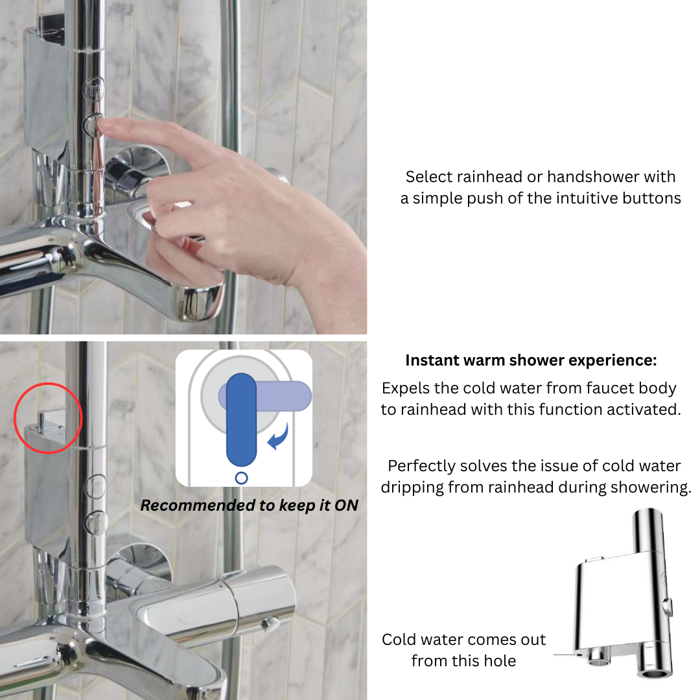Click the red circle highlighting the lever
point(48,384)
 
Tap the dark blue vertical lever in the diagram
point(241,419)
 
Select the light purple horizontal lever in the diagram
point(286,396)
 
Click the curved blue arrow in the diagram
point(279,437)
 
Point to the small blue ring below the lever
point(241,478)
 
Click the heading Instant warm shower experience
point(531,360)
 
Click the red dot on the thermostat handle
point(220,585)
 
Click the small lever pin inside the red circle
point(41,422)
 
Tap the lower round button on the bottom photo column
point(95,523)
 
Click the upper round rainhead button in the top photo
point(94,89)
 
